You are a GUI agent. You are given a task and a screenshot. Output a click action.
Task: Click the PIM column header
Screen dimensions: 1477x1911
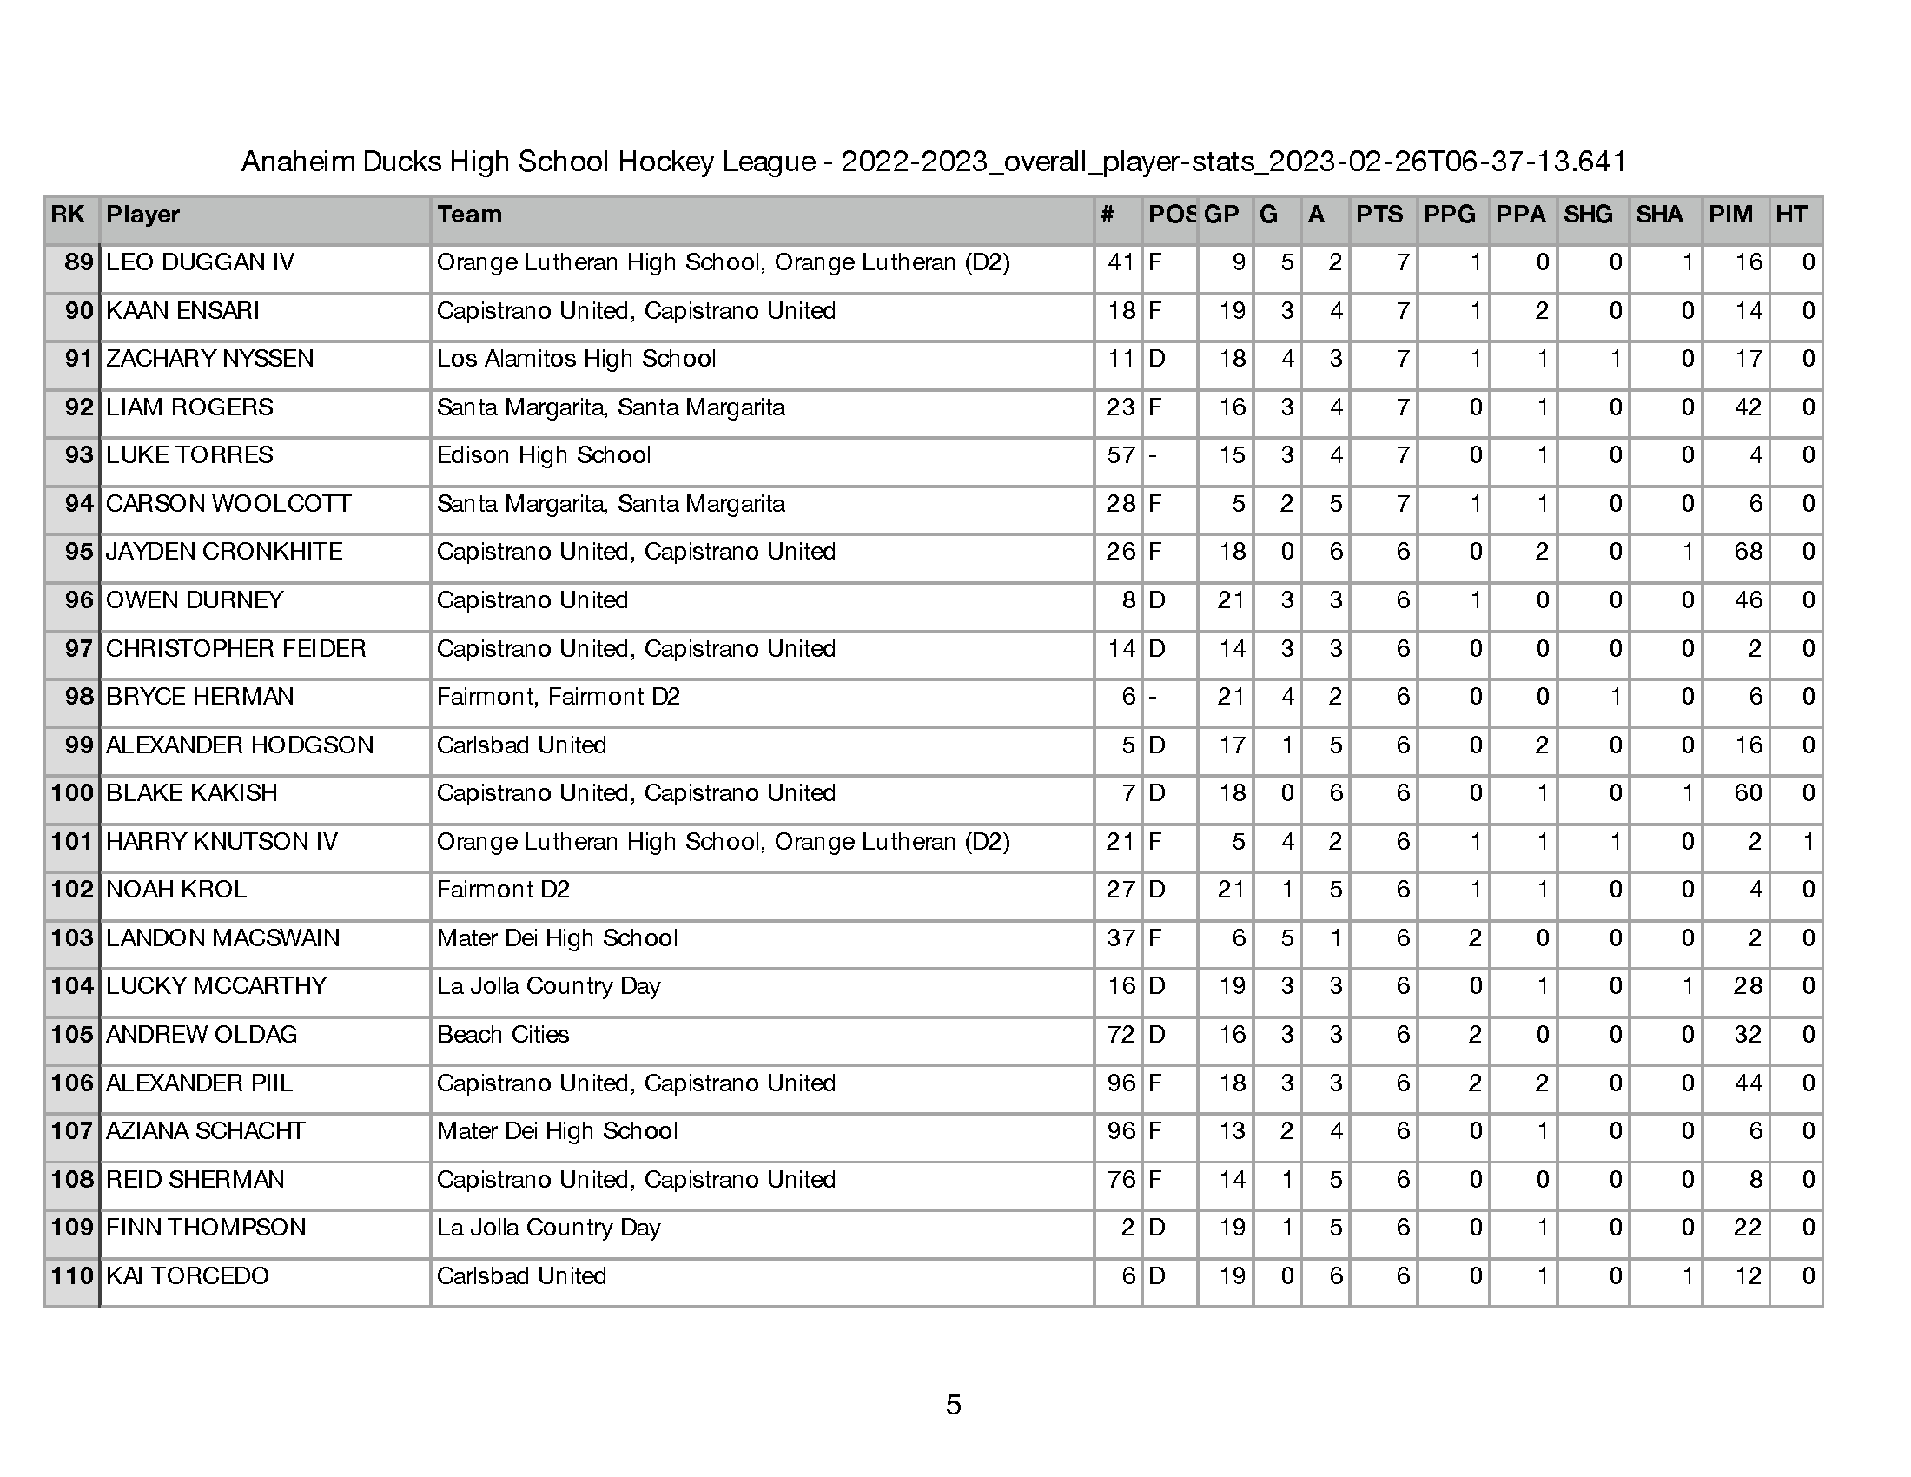tap(1729, 215)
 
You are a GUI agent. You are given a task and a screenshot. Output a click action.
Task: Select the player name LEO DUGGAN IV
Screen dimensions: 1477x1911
tap(200, 262)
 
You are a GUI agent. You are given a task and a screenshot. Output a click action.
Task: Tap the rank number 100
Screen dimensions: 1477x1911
tap(72, 792)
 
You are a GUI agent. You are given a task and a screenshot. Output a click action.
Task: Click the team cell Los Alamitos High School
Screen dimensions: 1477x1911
tap(576, 359)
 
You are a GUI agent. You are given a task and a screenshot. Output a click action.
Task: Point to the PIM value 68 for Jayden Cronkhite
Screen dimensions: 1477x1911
tap(1748, 551)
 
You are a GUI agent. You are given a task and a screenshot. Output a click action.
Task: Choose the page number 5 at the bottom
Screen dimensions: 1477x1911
tap(954, 1404)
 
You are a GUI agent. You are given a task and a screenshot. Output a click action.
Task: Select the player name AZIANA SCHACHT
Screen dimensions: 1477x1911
tap(206, 1130)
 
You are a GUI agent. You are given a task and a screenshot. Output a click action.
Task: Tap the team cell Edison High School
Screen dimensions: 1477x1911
tap(544, 455)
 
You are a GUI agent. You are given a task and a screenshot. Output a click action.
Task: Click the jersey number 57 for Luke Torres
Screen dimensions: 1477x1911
tap(1120, 455)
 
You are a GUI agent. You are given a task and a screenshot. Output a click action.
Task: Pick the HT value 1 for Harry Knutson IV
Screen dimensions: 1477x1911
tap(1808, 841)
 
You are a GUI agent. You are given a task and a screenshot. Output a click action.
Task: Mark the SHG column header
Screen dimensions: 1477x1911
tap(1587, 215)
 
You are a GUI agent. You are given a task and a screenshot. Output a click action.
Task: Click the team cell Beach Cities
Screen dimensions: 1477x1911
tap(502, 1034)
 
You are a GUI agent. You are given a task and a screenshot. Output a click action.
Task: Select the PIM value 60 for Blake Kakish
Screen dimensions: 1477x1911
tap(1748, 792)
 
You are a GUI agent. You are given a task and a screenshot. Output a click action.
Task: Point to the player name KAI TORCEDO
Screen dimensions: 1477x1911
tap(188, 1275)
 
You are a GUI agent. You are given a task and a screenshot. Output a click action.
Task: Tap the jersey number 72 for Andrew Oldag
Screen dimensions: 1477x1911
tap(1120, 1034)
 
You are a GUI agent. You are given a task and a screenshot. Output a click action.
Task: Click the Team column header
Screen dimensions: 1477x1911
tap(469, 215)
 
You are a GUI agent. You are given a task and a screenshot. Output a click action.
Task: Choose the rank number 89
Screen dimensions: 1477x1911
tap(79, 262)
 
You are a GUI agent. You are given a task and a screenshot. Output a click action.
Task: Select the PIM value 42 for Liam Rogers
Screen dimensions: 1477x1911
tap(1748, 407)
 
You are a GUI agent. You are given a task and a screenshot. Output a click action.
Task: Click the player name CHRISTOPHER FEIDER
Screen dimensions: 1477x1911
tap(235, 648)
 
